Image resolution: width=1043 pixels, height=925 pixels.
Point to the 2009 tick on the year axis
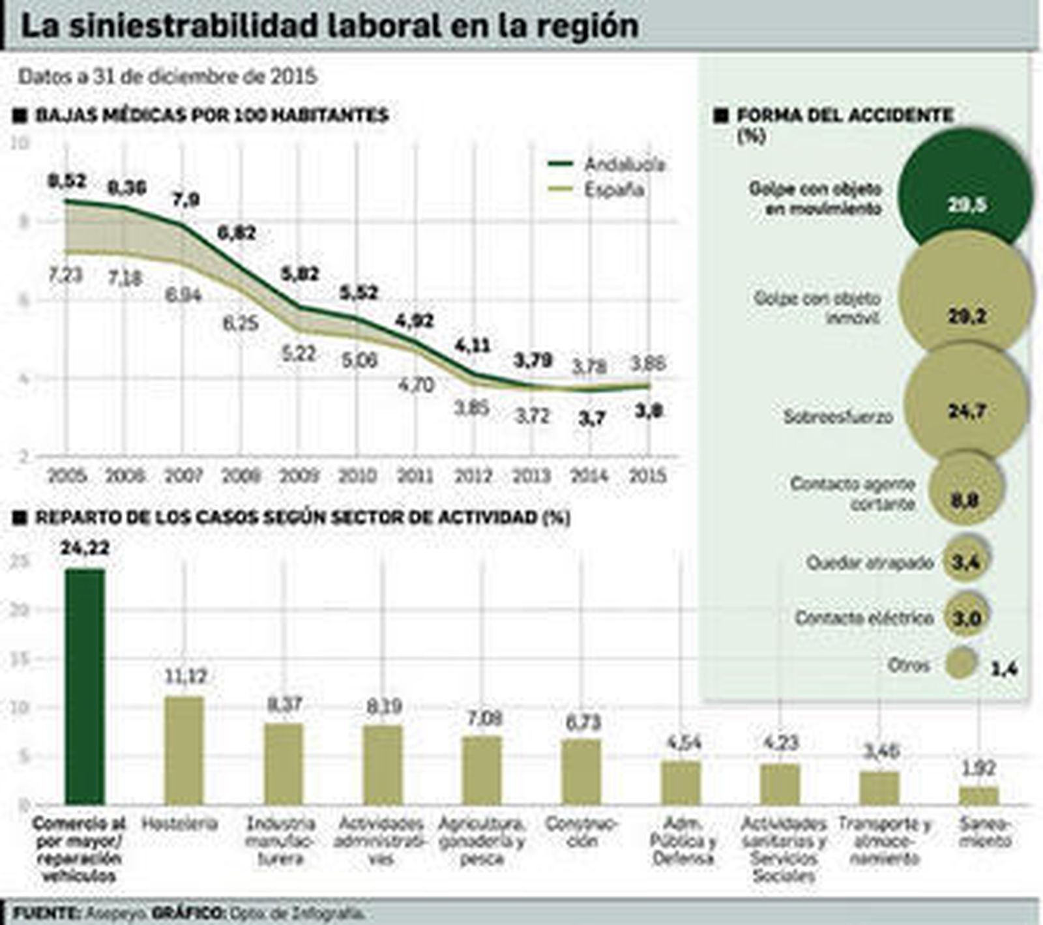299,475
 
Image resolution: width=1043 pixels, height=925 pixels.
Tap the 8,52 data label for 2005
67,181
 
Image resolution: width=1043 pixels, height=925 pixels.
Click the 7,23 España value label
65,274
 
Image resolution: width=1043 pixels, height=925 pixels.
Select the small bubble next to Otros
963,664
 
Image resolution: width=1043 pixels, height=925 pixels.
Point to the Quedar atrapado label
870,563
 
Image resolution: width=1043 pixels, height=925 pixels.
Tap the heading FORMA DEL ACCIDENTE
844,116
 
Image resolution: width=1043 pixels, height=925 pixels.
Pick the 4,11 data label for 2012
473,345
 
